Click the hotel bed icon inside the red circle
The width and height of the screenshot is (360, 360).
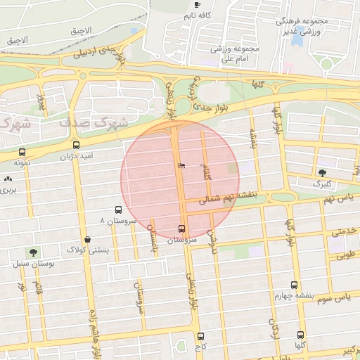tap(181, 165)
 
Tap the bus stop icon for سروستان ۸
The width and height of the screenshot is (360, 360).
tap(118, 210)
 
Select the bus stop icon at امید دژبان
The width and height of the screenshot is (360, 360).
tap(76, 146)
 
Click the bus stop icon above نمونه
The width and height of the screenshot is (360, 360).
tap(22, 152)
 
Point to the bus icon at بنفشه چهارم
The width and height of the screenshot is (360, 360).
tap(294, 285)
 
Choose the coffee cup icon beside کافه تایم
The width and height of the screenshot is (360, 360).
tap(196, 5)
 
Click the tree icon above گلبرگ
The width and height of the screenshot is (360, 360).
tap(322, 173)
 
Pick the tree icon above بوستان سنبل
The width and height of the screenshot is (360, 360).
tap(32, 252)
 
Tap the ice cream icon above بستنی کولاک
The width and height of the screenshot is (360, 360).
tap(86, 239)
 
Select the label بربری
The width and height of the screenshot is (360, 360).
tap(8, 191)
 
